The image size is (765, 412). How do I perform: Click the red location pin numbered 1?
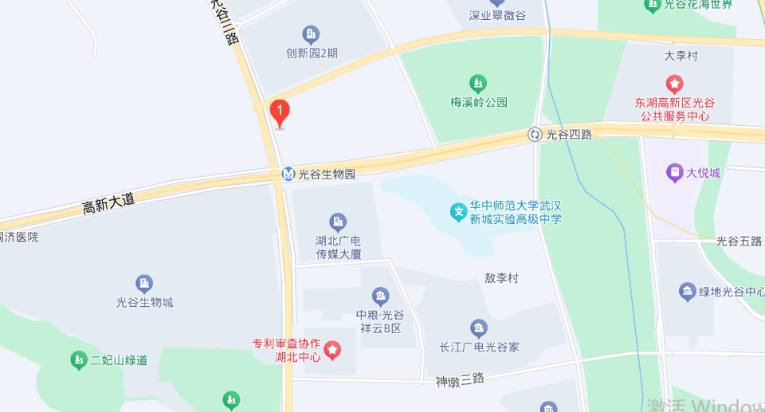(279, 112)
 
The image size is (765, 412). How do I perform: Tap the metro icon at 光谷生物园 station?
(288, 174)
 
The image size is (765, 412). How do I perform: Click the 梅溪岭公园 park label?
(478, 102)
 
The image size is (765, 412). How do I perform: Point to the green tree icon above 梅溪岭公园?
(478, 83)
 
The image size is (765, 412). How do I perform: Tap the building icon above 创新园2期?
(311, 34)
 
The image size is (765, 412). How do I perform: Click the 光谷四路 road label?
(569, 134)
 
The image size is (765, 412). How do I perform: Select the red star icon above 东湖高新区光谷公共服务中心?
(674, 83)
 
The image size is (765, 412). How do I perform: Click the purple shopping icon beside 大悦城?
(675, 172)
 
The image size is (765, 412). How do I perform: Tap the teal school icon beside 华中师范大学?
(459, 212)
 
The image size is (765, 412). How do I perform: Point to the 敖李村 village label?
(501, 278)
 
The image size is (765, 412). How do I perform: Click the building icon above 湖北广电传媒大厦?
(338, 222)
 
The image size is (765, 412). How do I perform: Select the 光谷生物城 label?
(144, 302)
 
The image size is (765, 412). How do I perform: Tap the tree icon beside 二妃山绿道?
(78, 360)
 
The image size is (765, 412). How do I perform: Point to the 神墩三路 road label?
(460, 379)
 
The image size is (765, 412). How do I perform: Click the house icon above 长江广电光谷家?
(478, 328)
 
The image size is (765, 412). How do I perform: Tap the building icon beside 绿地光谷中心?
(687, 292)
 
